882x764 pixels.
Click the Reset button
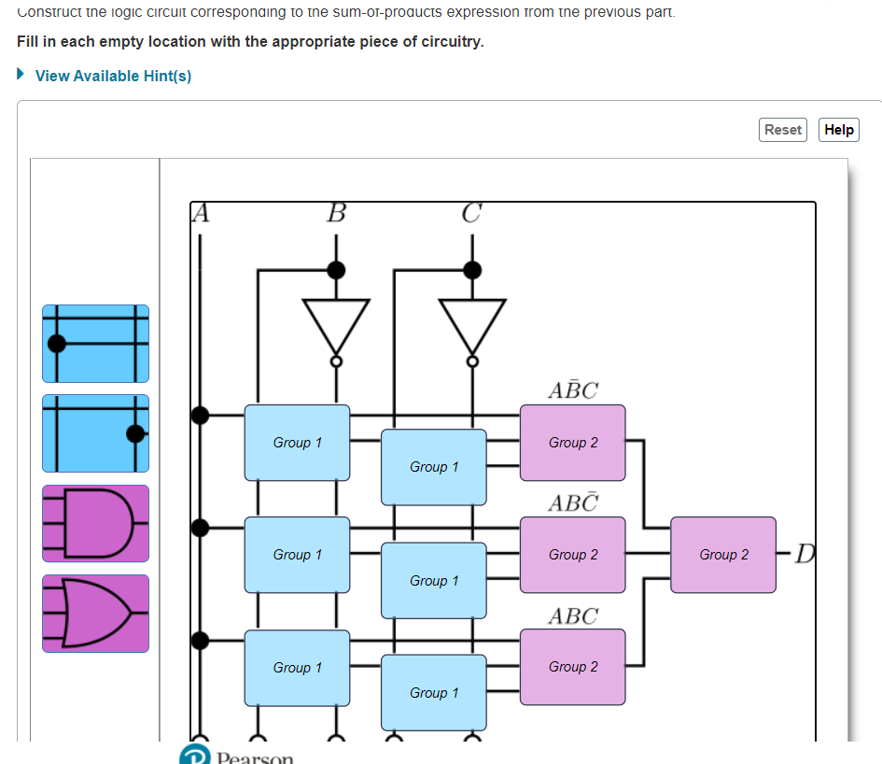[x=783, y=130]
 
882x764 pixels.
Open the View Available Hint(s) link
[x=113, y=76]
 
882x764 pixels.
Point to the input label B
[x=336, y=214]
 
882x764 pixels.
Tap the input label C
[x=472, y=214]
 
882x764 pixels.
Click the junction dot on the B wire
[x=336, y=270]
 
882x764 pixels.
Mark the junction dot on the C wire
[x=472, y=270]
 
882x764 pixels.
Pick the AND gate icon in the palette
[x=95, y=523]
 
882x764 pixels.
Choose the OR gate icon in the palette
[x=95, y=613]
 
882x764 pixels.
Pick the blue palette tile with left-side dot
[x=95, y=343]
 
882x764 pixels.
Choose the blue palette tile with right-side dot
[x=95, y=433]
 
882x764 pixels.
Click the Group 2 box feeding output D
[x=723, y=555]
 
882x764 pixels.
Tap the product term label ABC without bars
[x=573, y=616]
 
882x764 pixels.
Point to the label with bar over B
[x=573, y=390]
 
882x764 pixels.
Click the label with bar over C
[x=573, y=503]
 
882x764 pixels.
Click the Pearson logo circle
[x=192, y=756]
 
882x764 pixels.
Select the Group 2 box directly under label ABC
[x=573, y=667]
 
